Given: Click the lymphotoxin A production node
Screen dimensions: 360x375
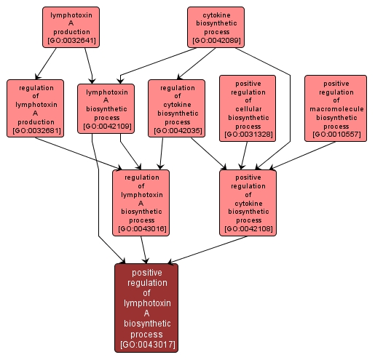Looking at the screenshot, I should pos(71,27).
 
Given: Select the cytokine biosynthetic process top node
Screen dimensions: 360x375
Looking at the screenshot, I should pos(215,27).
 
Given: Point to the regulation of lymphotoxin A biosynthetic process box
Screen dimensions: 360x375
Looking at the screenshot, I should pos(141,202).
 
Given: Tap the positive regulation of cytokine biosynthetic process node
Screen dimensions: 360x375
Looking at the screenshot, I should pos(248,202).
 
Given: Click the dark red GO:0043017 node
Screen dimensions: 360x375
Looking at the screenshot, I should pos(146,308).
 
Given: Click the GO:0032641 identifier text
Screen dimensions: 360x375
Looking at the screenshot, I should pos(71,41).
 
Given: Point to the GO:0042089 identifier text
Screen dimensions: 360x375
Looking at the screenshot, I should pos(215,41).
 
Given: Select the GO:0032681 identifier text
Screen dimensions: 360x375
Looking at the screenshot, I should pos(35,131).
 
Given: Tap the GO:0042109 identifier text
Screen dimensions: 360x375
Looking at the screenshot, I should pos(106,126).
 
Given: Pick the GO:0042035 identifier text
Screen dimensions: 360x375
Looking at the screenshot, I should pos(176,131).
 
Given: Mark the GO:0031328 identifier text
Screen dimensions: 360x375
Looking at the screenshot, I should pos(248,135).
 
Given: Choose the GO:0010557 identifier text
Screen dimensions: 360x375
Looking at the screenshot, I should pos(336,135).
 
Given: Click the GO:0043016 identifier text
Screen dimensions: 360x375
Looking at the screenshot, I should pos(141,229).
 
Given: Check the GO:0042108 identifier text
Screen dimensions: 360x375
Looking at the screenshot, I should pos(248,229).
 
